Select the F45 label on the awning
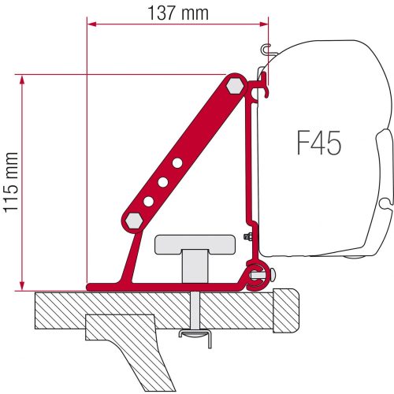318,144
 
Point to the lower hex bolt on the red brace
133,218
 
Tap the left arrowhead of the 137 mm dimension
89,24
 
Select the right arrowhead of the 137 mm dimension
265,24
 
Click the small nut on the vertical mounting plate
249,237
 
